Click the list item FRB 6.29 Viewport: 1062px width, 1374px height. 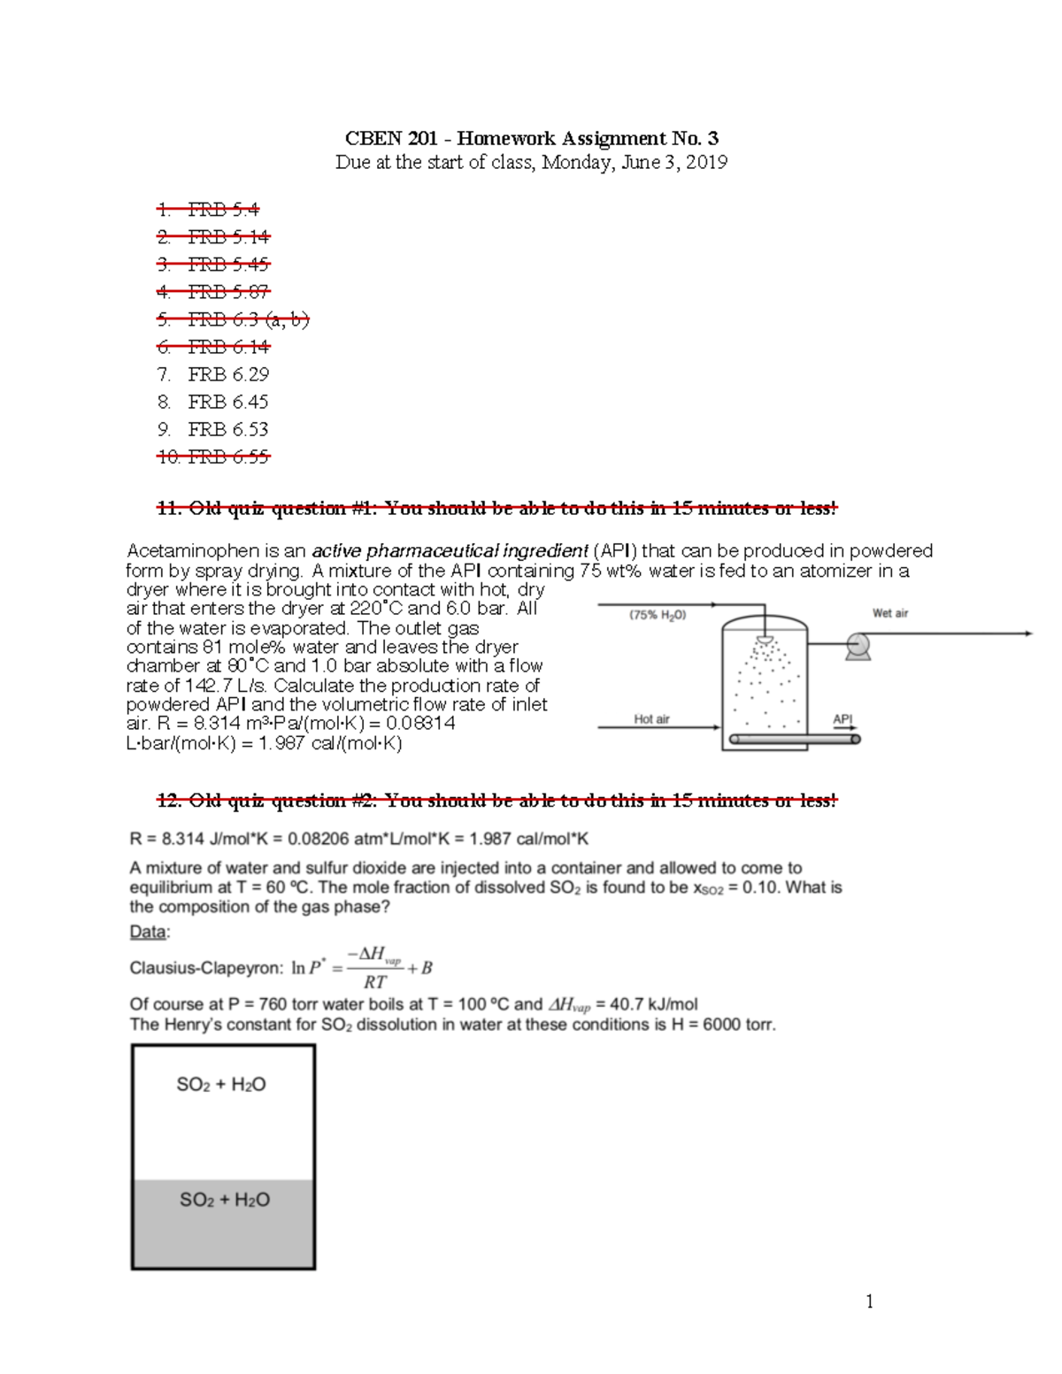pyautogui.click(x=228, y=374)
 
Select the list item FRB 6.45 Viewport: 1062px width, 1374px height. pyautogui.click(x=228, y=402)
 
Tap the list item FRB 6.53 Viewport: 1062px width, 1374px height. pyautogui.click(x=228, y=429)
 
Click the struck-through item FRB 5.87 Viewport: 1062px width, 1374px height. pyautogui.click(x=228, y=292)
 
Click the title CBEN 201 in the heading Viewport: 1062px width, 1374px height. pyautogui.click(x=391, y=138)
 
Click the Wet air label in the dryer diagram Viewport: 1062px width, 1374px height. pyautogui.click(x=889, y=613)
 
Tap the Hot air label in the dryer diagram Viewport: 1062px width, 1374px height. pyautogui.click(x=651, y=719)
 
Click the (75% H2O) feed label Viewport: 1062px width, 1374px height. pyautogui.click(x=658, y=615)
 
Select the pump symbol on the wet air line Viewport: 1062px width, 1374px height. pyautogui.click(x=857, y=646)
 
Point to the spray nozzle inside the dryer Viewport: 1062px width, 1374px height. pyautogui.click(x=766, y=640)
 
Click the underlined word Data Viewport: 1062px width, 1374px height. pyautogui.click(x=148, y=932)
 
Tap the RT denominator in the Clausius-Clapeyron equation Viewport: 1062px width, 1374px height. pyautogui.click(x=374, y=982)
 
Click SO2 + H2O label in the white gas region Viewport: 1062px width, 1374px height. pyautogui.click(x=221, y=1085)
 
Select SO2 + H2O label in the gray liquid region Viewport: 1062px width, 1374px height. pyautogui.click(x=225, y=1200)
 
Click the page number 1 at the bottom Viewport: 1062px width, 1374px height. pyautogui.click(x=869, y=1301)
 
